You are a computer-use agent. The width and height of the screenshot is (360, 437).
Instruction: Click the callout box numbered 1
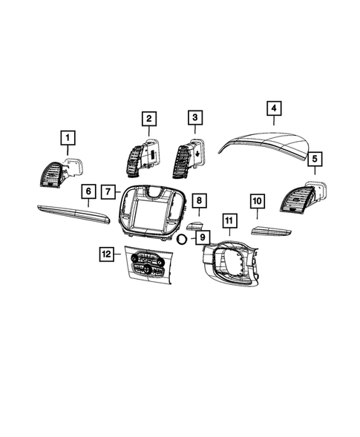[68, 138]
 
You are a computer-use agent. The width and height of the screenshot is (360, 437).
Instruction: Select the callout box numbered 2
[149, 119]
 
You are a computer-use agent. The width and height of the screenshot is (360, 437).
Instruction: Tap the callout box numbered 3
[195, 118]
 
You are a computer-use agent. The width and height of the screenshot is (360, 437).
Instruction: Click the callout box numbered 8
[198, 201]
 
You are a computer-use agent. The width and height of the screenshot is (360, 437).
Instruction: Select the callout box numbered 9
[199, 237]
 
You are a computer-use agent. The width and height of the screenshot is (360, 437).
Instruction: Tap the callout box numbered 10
[257, 201]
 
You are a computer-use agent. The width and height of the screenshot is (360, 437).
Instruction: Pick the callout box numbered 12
[106, 254]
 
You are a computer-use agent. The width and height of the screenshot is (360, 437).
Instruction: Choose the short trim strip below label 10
[275, 231]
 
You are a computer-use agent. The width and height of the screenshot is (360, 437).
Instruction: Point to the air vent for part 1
[53, 177]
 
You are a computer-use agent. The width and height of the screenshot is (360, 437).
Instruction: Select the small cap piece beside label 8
[195, 226]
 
